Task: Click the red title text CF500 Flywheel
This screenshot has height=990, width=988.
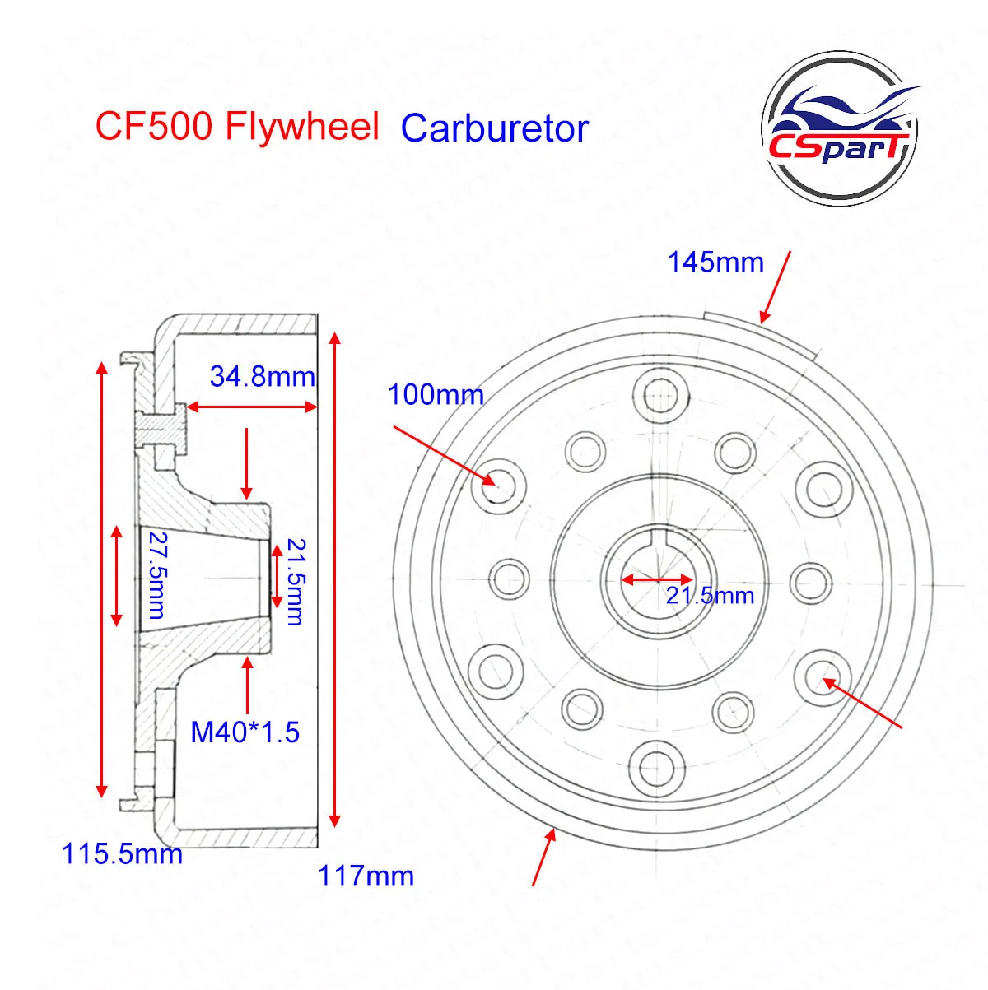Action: coord(237,128)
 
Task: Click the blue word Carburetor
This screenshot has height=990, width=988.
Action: coord(495,129)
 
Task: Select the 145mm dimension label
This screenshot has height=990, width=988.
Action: coord(715,263)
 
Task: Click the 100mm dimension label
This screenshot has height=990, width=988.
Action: coord(436,395)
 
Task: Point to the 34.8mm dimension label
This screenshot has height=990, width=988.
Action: coord(263,377)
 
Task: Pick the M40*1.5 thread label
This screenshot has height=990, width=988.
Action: coord(245,732)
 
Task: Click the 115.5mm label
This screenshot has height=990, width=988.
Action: coord(123,853)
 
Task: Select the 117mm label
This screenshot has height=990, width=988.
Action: coord(366,876)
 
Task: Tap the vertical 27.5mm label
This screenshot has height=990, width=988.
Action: coord(155,574)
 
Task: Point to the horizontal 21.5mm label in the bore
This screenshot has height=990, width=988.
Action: coord(710,595)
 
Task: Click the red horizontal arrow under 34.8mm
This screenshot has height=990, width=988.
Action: coord(251,407)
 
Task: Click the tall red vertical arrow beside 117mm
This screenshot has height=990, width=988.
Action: coord(334,579)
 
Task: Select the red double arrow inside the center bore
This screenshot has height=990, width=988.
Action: coord(657,579)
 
